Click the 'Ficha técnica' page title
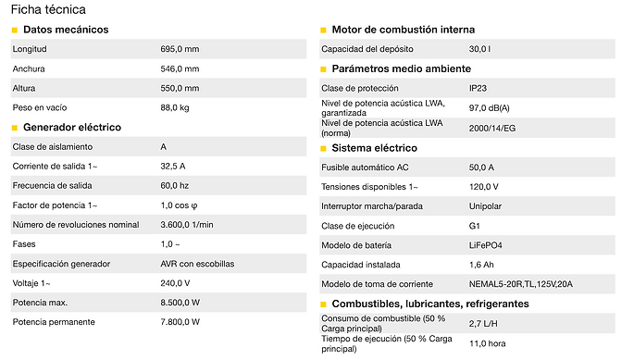(x=48, y=10)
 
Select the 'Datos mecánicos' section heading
(x=66, y=30)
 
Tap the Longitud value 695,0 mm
(x=180, y=49)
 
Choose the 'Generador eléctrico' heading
(x=72, y=127)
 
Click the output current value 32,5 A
(x=173, y=167)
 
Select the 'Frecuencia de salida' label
(x=53, y=186)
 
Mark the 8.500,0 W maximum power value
(x=180, y=302)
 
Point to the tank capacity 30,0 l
(x=481, y=49)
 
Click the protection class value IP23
(x=478, y=88)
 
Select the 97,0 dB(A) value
(x=489, y=107)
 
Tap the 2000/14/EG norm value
(x=491, y=128)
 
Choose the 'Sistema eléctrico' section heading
(x=374, y=147)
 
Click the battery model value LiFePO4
(x=487, y=245)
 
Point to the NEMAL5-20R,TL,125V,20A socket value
(x=521, y=284)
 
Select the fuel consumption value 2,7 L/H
(x=483, y=323)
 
